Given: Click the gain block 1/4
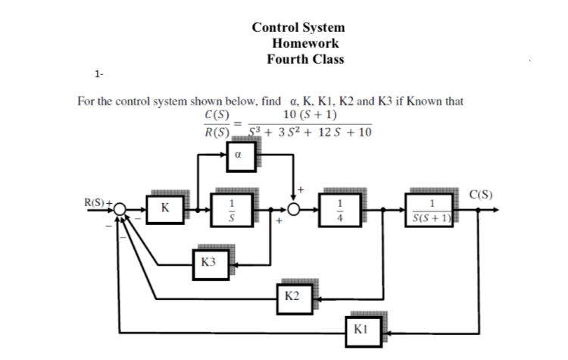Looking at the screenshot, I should click(341, 208).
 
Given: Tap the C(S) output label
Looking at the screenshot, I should click(479, 194).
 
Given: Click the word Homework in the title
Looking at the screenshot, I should click(305, 42).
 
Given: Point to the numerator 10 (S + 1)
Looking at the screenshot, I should click(309, 115).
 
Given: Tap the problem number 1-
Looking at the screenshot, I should click(99, 74).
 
